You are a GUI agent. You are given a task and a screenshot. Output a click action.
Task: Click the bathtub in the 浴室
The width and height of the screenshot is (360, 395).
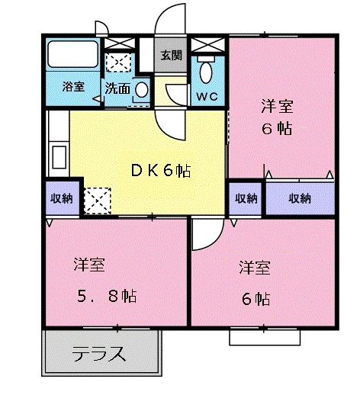[x=72, y=55]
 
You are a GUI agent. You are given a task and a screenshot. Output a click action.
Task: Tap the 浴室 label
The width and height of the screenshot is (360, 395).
[x=72, y=86]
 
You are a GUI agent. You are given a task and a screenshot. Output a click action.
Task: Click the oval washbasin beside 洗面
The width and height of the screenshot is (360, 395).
[x=141, y=89]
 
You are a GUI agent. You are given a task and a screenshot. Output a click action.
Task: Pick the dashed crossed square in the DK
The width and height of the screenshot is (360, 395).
[x=98, y=201]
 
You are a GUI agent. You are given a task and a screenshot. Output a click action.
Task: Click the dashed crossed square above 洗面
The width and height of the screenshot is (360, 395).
[x=117, y=61]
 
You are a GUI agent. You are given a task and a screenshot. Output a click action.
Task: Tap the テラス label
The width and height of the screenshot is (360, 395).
[x=98, y=355]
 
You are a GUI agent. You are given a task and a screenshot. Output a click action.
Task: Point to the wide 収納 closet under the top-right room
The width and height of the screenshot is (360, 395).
[x=300, y=198]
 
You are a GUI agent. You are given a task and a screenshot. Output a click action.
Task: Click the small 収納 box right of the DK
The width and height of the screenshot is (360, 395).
[x=245, y=198]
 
